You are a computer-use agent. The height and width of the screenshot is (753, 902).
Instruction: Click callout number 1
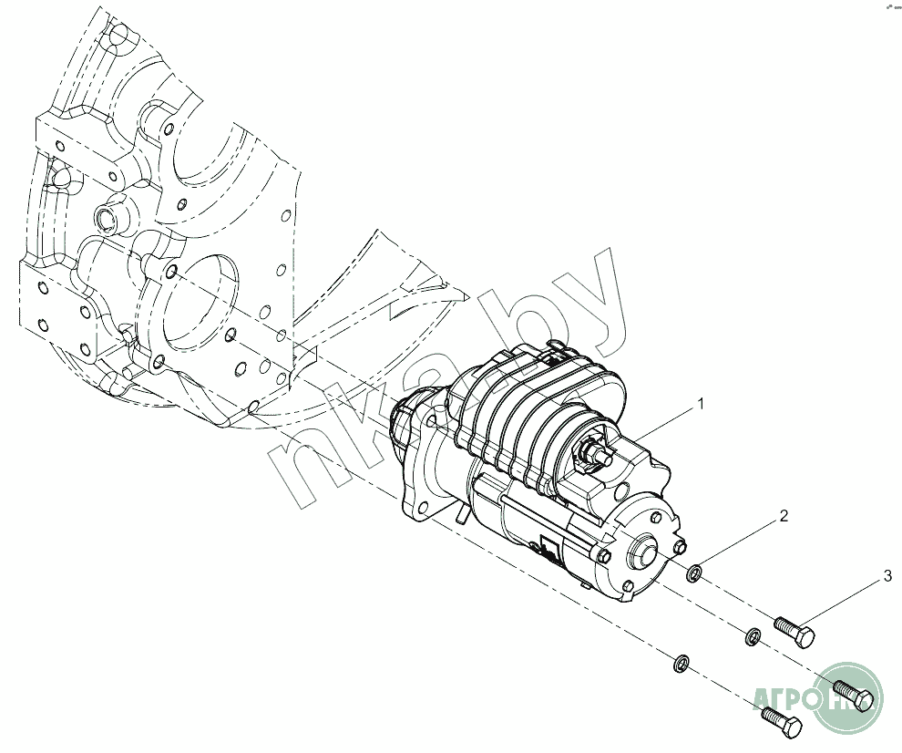[x=701, y=402]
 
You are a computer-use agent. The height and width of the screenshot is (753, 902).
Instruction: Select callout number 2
[x=782, y=516]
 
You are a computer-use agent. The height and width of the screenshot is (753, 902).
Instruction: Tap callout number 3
[x=887, y=576]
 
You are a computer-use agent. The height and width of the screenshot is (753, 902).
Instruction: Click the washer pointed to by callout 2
[x=695, y=573]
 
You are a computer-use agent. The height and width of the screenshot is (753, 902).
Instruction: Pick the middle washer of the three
[x=753, y=635]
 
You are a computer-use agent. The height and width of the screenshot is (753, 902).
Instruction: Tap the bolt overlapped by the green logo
[x=853, y=693]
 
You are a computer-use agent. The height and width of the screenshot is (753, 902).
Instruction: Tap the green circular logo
[x=847, y=697]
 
